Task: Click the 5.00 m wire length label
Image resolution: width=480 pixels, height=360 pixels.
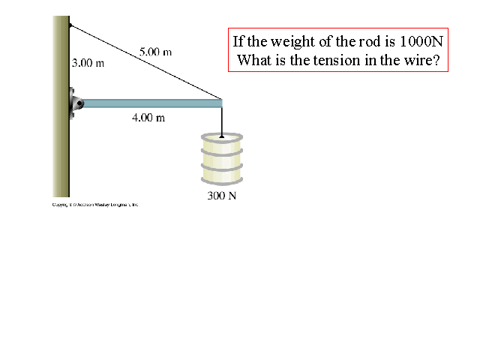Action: point(155,52)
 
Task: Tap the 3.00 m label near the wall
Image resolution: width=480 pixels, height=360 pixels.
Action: point(88,63)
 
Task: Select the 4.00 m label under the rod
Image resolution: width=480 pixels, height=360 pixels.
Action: point(148,118)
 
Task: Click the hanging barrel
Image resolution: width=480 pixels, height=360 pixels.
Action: point(222,159)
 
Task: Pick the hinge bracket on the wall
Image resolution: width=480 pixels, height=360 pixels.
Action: point(75,103)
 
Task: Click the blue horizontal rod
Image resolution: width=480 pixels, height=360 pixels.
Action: point(150,103)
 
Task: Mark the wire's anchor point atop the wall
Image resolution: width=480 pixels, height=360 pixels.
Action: point(70,24)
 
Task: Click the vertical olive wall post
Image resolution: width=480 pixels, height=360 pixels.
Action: point(61,150)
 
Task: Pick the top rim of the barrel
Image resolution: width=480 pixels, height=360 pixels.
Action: point(222,138)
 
